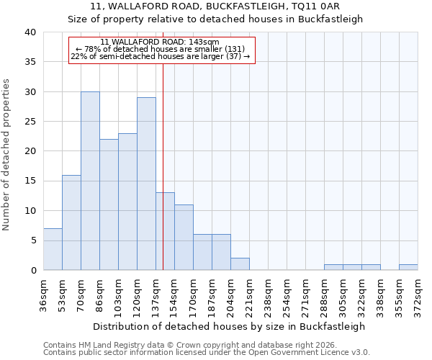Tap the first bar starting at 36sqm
(53, 249)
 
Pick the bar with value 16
(71, 222)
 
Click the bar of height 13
(165, 231)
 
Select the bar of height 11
(184, 238)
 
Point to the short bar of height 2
(240, 264)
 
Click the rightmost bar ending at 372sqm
(408, 267)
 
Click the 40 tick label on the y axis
(30, 32)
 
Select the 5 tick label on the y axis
(32, 240)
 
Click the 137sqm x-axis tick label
(156, 294)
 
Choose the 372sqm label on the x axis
(418, 294)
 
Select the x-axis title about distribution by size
(230, 326)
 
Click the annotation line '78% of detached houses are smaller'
(162, 49)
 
